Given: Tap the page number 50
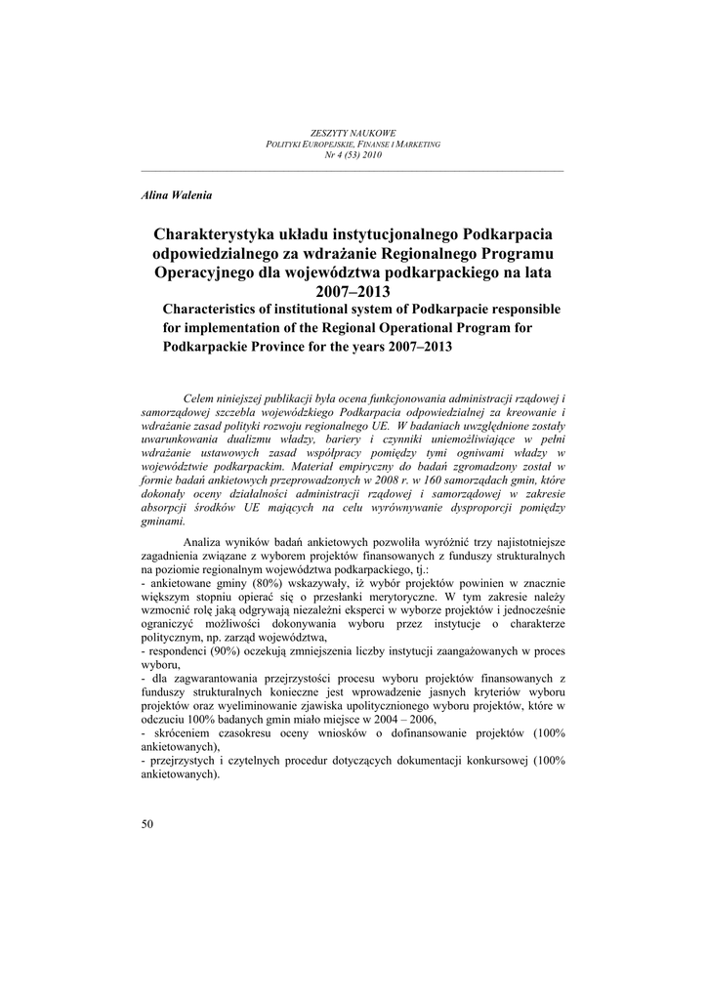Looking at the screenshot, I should coord(147,824).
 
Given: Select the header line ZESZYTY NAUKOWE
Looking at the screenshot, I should coord(353,133).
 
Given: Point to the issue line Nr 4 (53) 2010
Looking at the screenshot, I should coord(353,154).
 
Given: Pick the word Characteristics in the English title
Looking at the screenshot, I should coord(210,310).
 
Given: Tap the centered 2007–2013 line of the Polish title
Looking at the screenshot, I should coord(353,291).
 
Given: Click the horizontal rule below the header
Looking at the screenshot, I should coord(353,171).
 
